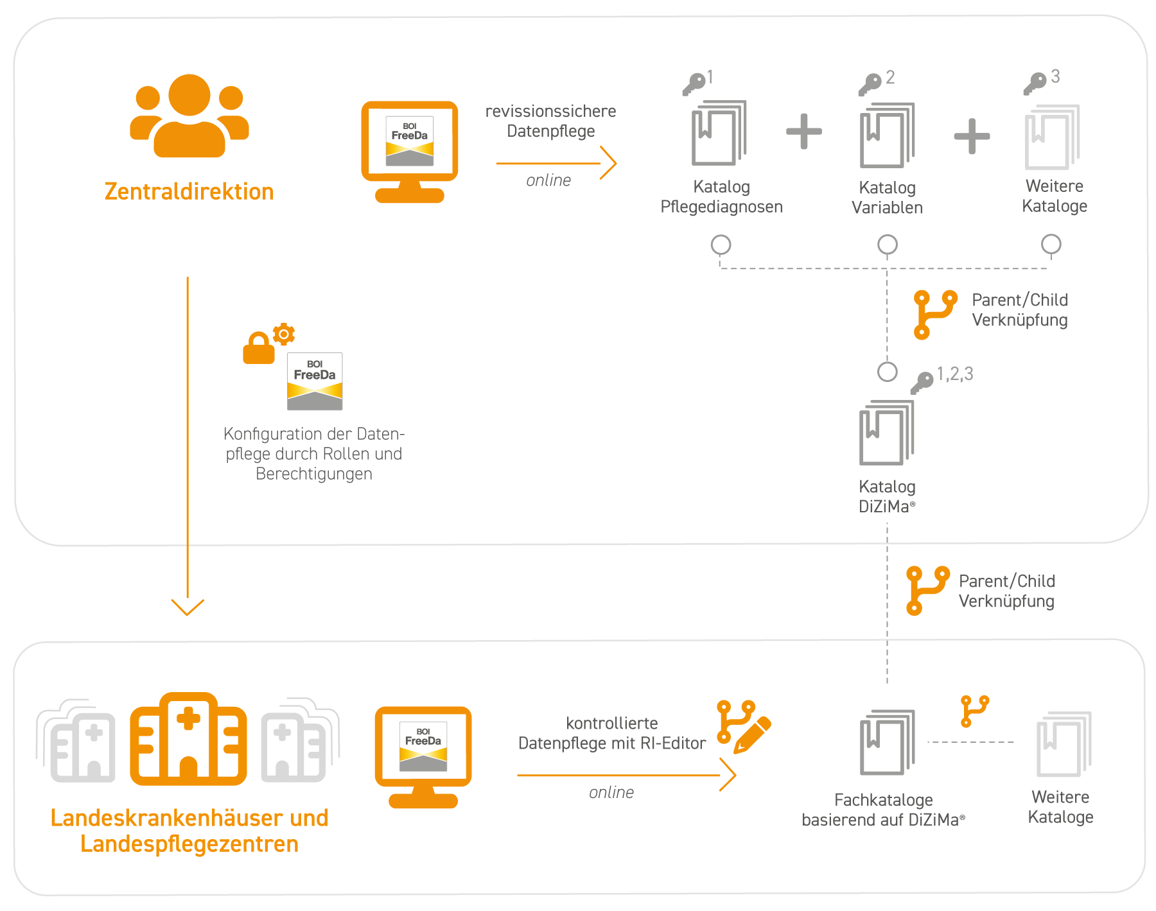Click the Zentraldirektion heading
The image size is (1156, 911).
(189, 191)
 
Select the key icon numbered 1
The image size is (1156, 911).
(694, 84)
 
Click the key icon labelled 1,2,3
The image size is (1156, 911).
(922, 383)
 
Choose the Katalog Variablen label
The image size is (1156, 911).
(887, 198)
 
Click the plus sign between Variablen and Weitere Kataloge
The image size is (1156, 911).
(971, 135)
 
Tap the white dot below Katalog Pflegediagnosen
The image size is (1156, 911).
(721, 245)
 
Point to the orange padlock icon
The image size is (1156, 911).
(258, 349)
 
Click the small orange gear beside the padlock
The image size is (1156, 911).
(283, 334)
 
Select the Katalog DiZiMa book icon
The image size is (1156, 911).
(886, 433)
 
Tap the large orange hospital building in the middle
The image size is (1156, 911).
(188, 739)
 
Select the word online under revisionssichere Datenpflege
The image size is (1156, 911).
(548, 180)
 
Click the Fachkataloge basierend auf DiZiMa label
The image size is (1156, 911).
(883, 810)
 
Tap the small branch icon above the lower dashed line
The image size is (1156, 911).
(974, 711)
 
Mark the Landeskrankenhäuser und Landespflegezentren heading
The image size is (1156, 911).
(189, 831)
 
